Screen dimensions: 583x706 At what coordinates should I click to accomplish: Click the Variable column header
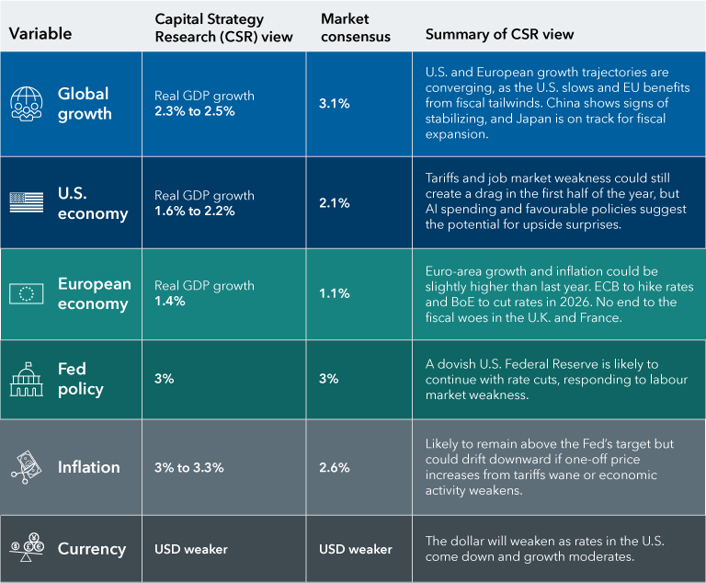tap(40, 34)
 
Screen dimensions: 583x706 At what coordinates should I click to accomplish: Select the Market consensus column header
tap(355, 28)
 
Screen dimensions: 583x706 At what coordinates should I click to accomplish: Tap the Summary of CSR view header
tap(499, 34)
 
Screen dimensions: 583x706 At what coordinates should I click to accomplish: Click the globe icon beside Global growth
tap(27, 103)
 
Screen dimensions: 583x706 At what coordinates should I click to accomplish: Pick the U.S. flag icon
tap(27, 202)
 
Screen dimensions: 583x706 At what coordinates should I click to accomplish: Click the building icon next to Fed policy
tap(27, 379)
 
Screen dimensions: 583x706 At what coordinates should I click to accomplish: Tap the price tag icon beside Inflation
tap(27, 466)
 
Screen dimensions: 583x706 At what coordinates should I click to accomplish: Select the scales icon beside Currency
tap(27, 549)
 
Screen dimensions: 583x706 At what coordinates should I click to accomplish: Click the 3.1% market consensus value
tap(334, 104)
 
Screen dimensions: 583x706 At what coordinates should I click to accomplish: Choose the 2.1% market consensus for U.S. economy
tap(334, 203)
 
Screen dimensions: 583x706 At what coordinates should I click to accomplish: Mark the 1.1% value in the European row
tap(334, 293)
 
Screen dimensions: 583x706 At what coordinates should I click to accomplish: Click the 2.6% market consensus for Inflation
tap(334, 467)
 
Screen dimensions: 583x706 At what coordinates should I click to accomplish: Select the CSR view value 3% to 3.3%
tap(188, 467)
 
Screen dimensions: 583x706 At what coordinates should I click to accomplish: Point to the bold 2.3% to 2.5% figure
tap(194, 111)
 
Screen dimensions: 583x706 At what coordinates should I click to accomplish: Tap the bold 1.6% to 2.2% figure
tap(194, 211)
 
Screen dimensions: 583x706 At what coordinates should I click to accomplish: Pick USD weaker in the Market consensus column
tap(355, 549)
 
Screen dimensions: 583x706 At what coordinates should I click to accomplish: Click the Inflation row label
tap(88, 467)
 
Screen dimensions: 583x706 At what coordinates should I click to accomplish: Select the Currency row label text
tap(91, 549)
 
